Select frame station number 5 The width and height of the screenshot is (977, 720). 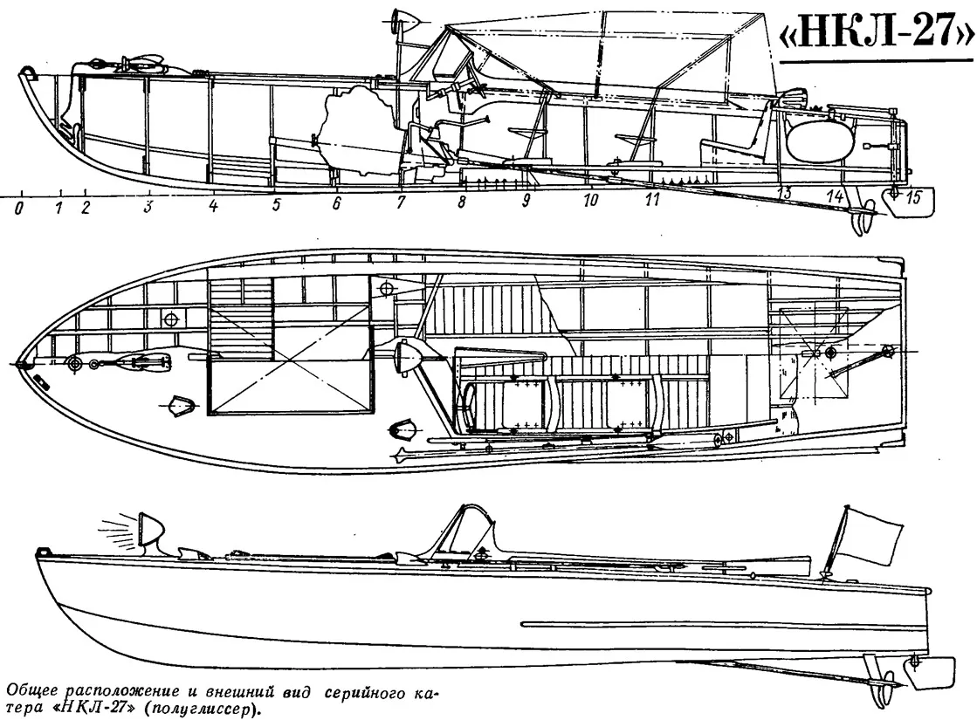(276, 204)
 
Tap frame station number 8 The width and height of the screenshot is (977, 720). (462, 202)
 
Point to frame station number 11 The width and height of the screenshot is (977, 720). (651, 199)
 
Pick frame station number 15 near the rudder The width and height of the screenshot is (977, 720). (912, 197)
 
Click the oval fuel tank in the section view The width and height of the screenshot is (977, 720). (817, 141)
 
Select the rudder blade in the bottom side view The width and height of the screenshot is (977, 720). (932, 672)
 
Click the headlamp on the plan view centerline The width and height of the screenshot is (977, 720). (406, 357)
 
